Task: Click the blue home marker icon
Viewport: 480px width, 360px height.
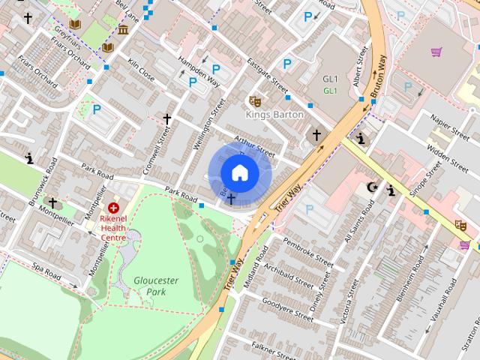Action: coord(239,172)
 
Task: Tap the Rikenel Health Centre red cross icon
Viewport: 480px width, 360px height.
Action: coord(114,207)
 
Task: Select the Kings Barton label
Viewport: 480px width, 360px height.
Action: coord(275,115)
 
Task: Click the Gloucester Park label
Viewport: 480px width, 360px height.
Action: coord(156,286)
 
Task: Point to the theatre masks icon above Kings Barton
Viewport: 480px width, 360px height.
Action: coord(254,100)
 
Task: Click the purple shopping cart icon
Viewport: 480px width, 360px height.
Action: coord(436,52)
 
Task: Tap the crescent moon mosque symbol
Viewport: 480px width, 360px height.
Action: coord(373,187)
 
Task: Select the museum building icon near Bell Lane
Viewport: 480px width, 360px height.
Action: coord(123,30)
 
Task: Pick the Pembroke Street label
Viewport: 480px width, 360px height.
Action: coord(308,252)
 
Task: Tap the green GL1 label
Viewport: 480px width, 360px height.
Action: coord(331,91)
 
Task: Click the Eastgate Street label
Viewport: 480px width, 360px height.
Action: coord(268,77)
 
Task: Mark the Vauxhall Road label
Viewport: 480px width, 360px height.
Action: coord(441,300)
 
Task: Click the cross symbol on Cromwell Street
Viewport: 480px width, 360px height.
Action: coord(167,119)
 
